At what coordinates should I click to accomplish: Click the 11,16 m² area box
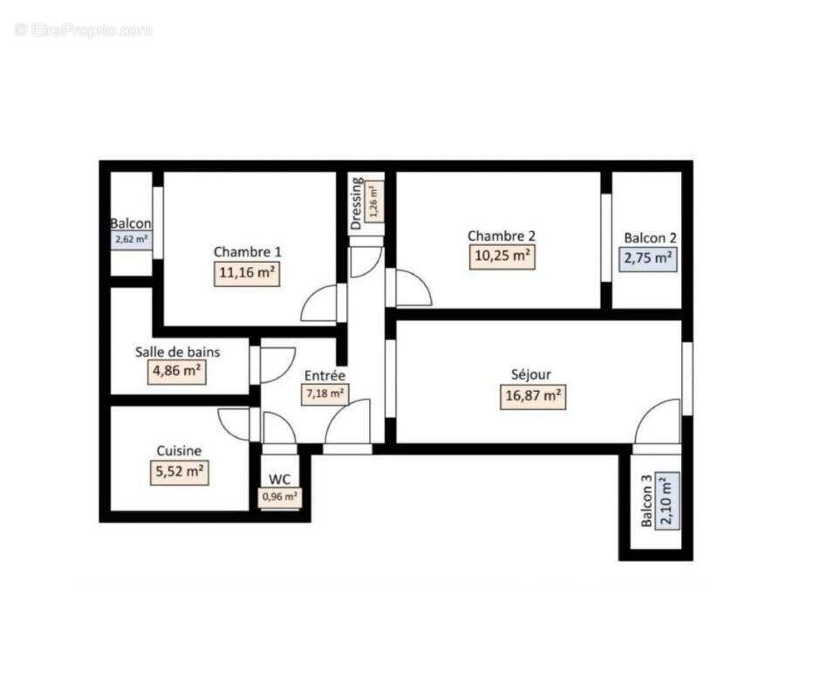click(x=247, y=272)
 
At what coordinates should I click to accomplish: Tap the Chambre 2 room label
click(x=501, y=236)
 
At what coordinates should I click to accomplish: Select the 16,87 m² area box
click(x=530, y=396)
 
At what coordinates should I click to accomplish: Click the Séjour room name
click(x=530, y=375)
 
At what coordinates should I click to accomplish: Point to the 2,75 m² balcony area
click(x=649, y=258)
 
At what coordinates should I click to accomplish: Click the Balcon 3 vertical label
click(x=646, y=501)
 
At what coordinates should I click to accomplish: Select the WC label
click(x=280, y=479)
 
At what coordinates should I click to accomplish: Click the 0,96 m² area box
click(x=279, y=497)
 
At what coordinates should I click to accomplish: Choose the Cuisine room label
click(x=179, y=451)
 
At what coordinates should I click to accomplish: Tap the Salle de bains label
click(x=177, y=352)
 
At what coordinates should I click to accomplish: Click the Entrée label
click(x=325, y=375)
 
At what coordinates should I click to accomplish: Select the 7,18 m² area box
click(x=325, y=393)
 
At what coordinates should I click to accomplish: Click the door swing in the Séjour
click(x=658, y=422)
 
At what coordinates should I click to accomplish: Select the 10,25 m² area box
click(x=501, y=257)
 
